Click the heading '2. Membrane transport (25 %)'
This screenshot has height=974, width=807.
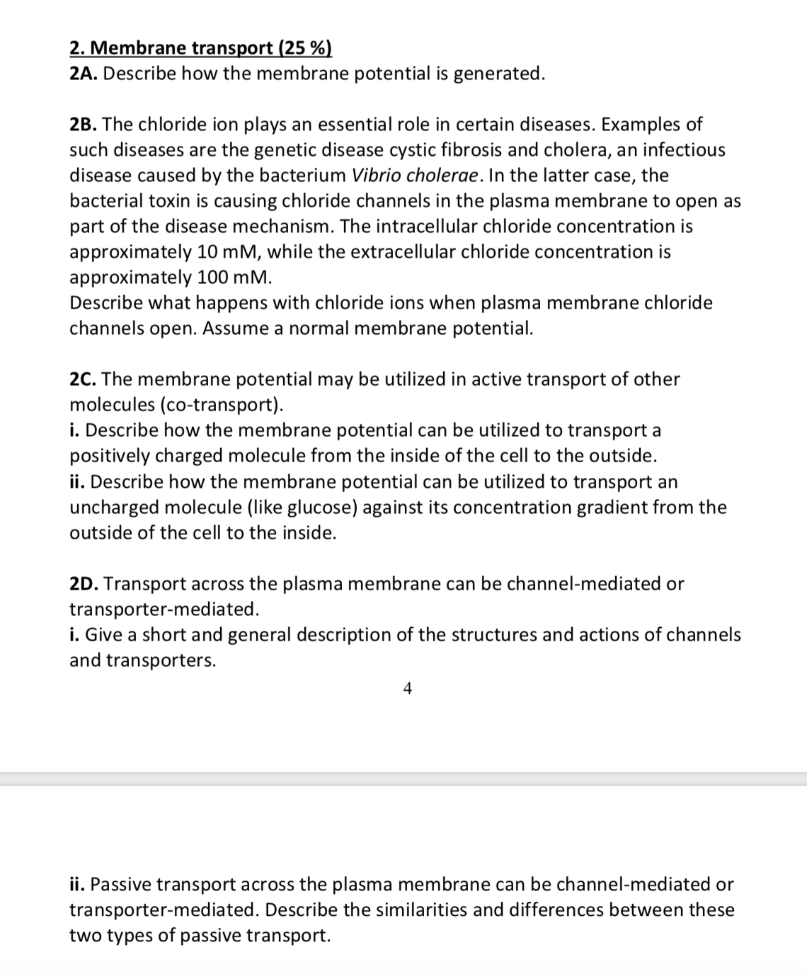coord(200,48)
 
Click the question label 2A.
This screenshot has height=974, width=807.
coord(84,74)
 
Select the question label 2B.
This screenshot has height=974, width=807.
coord(84,125)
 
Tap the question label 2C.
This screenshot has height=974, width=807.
coord(84,379)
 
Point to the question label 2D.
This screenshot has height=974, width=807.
coord(84,584)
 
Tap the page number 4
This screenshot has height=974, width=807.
coord(407,688)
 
